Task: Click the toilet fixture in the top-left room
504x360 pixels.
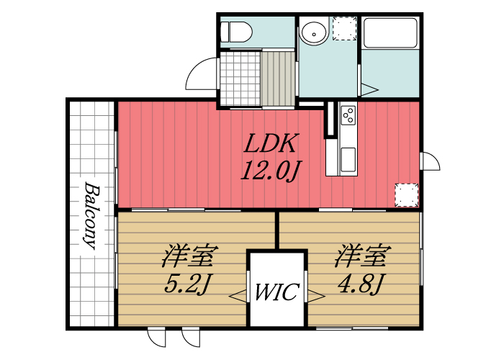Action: coord(235,32)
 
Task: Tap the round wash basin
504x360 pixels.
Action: coord(314,32)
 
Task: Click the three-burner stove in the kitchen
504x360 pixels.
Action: coord(348,116)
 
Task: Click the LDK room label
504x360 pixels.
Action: coord(269,144)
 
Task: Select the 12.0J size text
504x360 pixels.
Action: coord(269,170)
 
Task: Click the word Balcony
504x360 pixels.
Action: coord(91,216)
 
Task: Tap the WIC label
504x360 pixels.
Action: coord(276,293)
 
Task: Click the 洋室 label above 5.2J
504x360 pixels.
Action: coord(190,256)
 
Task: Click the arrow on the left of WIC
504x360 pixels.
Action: coord(238,294)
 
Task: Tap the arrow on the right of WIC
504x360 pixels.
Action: coord(315,294)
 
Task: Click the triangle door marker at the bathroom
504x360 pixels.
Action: coord(369,89)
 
